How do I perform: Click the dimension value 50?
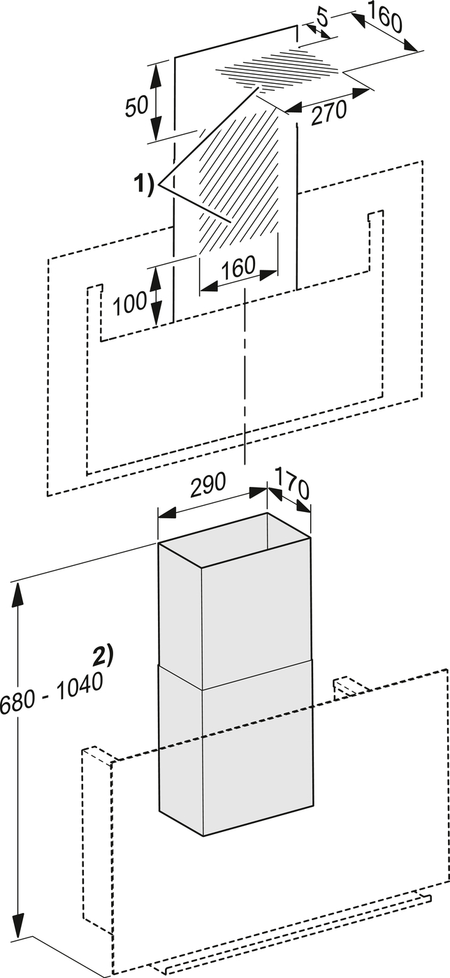click(137, 105)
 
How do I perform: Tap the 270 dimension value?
click(329, 112)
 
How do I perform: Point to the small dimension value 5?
click(321, 18)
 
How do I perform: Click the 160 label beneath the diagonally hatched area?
click(238, 267)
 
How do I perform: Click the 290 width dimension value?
click(208, 485)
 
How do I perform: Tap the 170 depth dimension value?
click(292, 483)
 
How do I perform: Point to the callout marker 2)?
click(103, 656)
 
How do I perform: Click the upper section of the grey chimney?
click(235, 616)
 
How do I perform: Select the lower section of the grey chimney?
click(235, 749)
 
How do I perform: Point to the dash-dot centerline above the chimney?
click(245, 377)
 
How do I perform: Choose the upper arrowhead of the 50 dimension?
click(156, 75)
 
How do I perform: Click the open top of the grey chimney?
click(235, 540)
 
